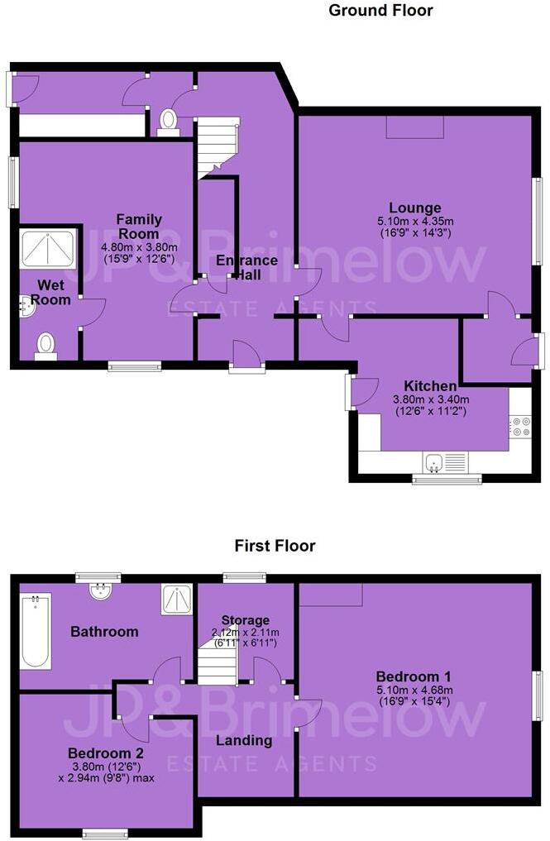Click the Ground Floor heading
pyautogui.click(x=380, y=10)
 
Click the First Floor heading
pyautogui.click(x=275, y=546)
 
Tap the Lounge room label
pyautogui.click(x=415, y=208)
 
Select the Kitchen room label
pyautogui.click(x=430, y=385)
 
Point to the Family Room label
pyautogui.click(x=139, y=227)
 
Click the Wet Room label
pyautogui.click(x=51, y=292)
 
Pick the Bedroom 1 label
pyautogui.click(x=414, y=676)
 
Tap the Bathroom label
pyautogui.click(x=105, y=631)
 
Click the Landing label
pyautogui.click(x=244, y=741)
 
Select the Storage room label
pyautogui.click(x=245, y=620)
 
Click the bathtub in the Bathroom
pyautogui.click(x=36, y=631)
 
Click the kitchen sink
pyautogui.click(x=445, y=463)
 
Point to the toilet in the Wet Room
pyautogui.click(x=46, y=346)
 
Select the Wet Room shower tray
pyautogui.click(x=48, y=248)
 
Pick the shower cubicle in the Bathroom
pyautogui.click(x=176, y=600)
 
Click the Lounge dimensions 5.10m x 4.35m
pyautogui.click(x=415, y=221)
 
